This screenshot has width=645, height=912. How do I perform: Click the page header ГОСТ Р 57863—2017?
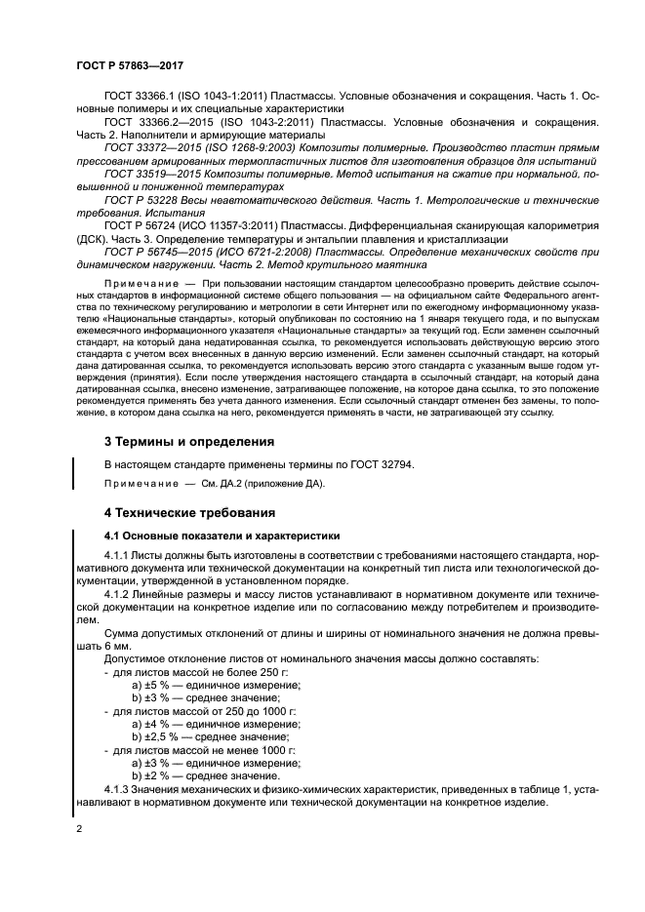point(130,64)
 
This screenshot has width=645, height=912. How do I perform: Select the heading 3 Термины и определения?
point(188,441)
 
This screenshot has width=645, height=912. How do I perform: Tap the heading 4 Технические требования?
point(190,512)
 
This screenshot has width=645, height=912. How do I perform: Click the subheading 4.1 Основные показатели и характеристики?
point(222,535)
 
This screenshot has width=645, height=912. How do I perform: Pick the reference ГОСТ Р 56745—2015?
point(151,249)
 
